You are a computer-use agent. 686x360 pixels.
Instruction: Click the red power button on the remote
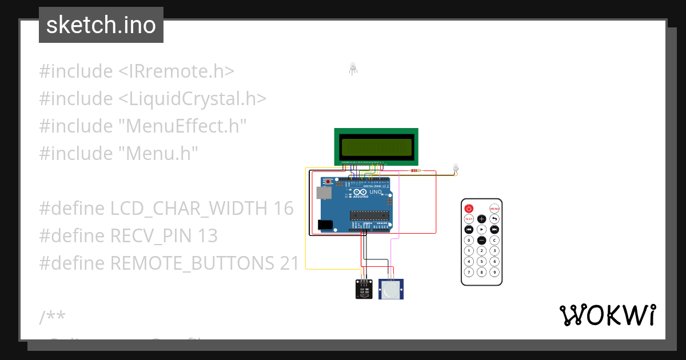point(469,209)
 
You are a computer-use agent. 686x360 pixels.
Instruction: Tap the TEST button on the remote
point(469,219)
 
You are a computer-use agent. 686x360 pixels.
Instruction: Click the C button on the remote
point(495,240)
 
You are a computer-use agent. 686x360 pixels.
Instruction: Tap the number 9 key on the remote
point(495,271)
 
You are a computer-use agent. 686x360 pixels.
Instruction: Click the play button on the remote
point(482,229)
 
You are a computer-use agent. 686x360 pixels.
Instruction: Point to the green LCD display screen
point(376,148)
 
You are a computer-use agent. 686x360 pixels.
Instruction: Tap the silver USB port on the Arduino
point(324,194)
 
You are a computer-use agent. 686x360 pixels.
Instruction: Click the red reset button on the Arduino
point(328,182)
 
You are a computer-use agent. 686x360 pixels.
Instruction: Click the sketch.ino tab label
point(101,25)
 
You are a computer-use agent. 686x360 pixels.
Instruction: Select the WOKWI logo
point(608,315)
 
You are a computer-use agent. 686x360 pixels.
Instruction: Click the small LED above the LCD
point(353,69)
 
